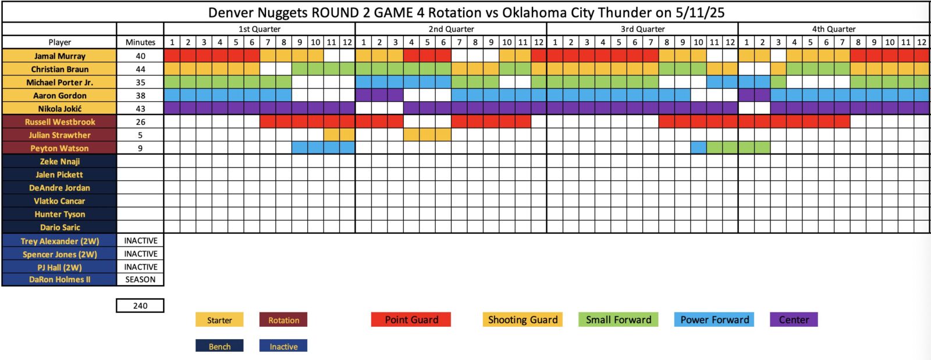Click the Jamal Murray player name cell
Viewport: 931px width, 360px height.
59,56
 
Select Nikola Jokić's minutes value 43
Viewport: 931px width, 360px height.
140,109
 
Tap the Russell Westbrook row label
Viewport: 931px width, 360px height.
59,122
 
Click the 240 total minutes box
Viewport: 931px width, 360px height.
140,305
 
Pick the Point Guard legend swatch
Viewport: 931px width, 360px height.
411,320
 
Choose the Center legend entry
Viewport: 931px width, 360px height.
794,320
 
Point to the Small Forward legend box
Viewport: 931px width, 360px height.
619,320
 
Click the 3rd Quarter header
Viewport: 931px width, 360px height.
642,29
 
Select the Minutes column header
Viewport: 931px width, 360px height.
140,42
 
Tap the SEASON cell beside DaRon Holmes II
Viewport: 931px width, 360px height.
140,279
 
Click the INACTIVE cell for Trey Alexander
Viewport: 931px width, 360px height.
140,241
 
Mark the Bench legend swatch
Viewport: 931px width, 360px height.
219,346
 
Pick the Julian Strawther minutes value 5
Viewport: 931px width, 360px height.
140,135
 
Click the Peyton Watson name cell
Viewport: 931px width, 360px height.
59,148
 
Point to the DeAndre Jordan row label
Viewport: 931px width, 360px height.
59,188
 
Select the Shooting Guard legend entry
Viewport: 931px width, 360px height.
523,320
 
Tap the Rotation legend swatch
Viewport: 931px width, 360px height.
283,320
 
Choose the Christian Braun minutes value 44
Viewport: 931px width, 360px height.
140,69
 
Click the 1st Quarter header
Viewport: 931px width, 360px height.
260,29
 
